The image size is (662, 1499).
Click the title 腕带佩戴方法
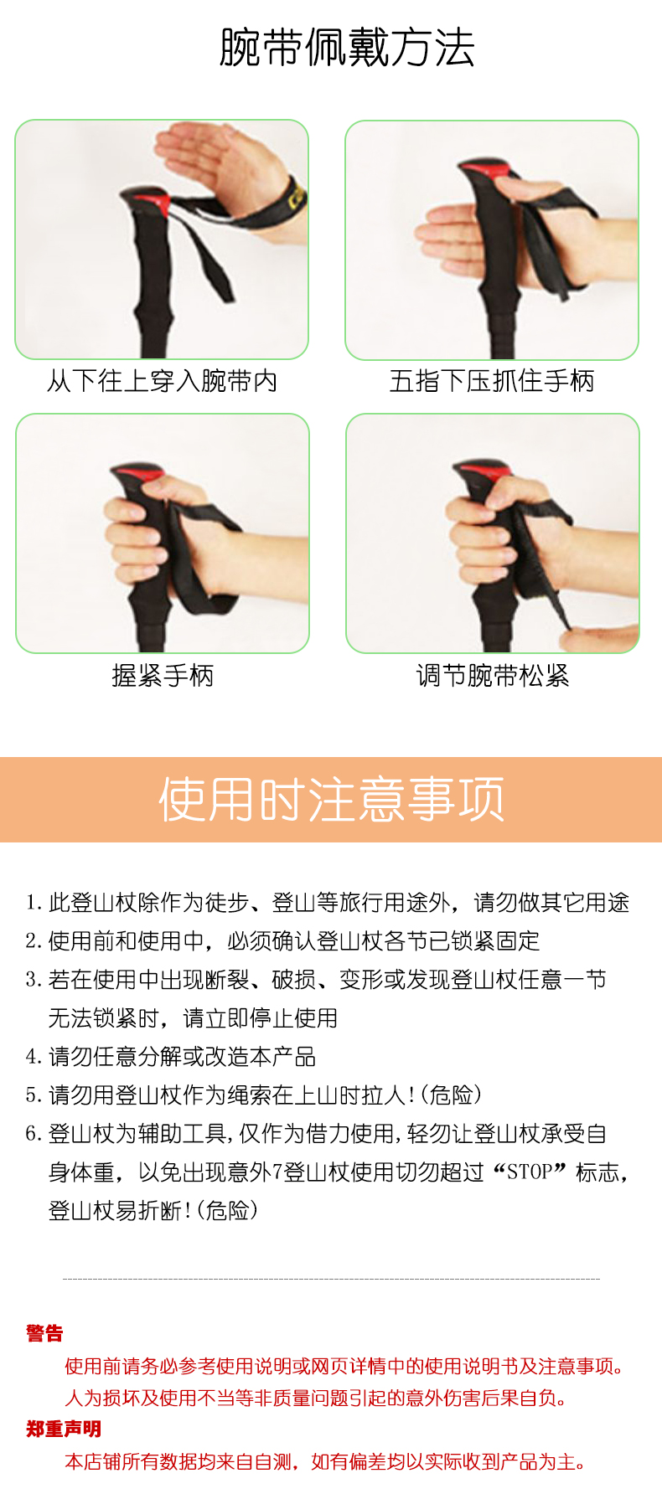347,47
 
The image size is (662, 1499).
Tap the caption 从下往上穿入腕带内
162,381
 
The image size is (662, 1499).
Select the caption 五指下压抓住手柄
492,381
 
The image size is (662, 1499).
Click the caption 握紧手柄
163,675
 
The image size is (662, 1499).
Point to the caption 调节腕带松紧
493,675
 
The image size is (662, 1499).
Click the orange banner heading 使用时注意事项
332,799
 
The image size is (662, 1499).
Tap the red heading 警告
44,1333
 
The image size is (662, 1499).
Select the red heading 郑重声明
64,1429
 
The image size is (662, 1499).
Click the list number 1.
34,902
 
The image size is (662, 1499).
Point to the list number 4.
34,1056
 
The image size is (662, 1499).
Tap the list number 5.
34,1095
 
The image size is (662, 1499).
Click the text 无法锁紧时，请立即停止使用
193,1017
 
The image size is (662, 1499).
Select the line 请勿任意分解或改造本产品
182,1056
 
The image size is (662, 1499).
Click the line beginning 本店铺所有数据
325,1461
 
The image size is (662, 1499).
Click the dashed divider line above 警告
331,1279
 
